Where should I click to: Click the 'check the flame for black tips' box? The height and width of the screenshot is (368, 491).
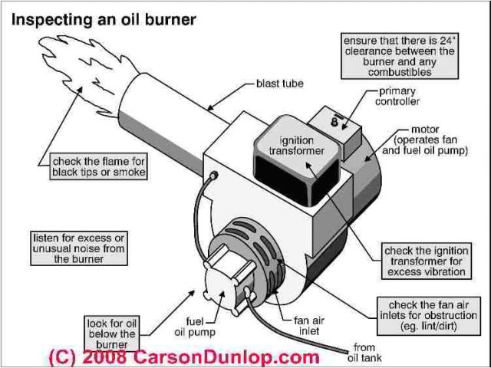tap(98, 166)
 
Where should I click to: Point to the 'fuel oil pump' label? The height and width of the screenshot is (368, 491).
tap(189, 328)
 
